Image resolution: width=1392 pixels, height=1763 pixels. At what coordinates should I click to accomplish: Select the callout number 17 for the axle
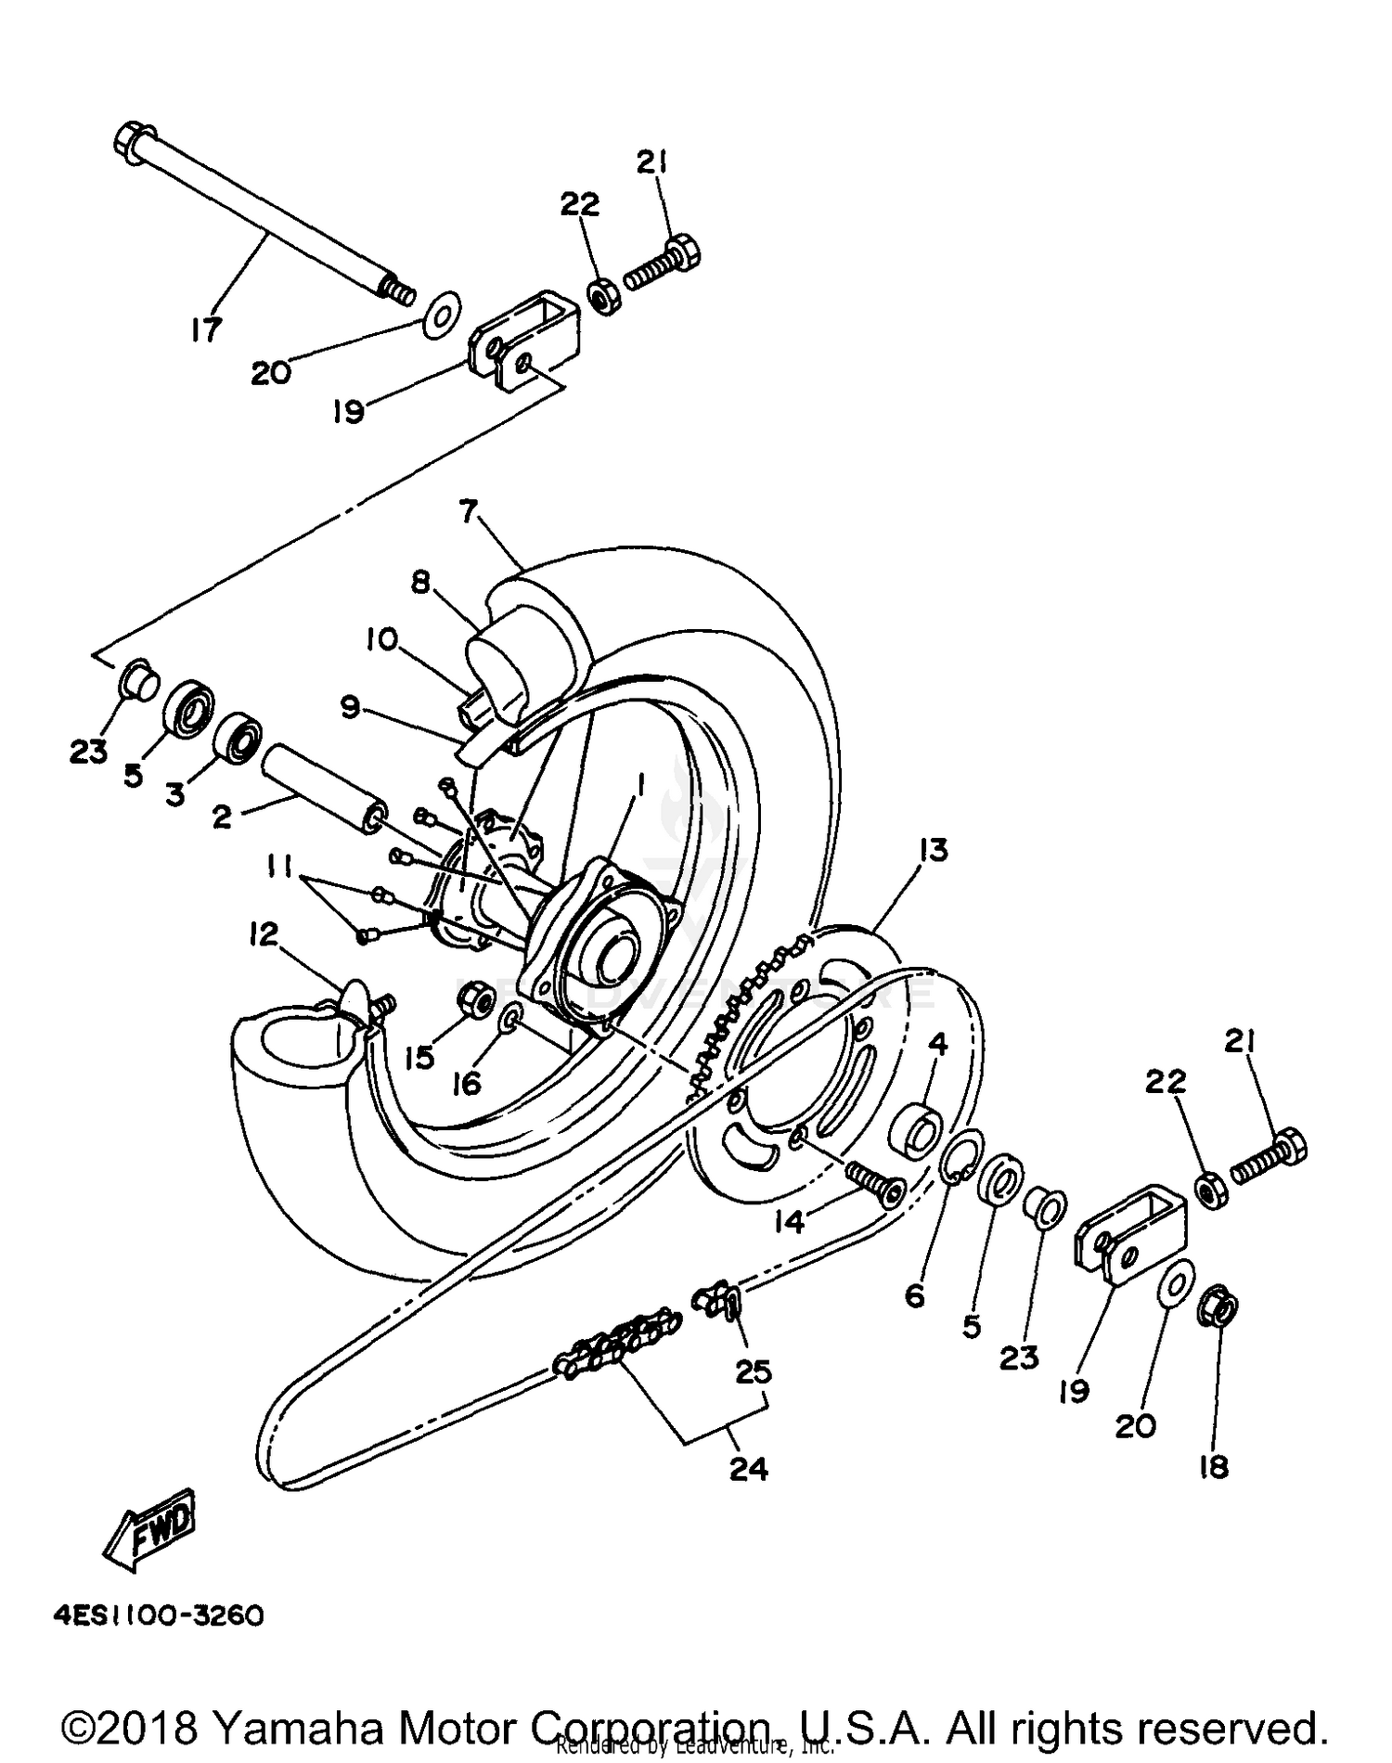click(x=206, y=328)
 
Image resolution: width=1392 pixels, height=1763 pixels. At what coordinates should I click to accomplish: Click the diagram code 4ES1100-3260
click(x=159, y=1616)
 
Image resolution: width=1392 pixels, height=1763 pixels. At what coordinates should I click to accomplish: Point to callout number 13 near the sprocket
click(x=934, y=850)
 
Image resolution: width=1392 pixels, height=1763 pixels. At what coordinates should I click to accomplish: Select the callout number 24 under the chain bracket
click(x=749, y=1469)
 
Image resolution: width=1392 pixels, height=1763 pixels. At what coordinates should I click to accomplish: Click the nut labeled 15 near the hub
click(x=475, y=997)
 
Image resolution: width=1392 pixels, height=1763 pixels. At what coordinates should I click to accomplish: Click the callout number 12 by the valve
click(x=264, y=934)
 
